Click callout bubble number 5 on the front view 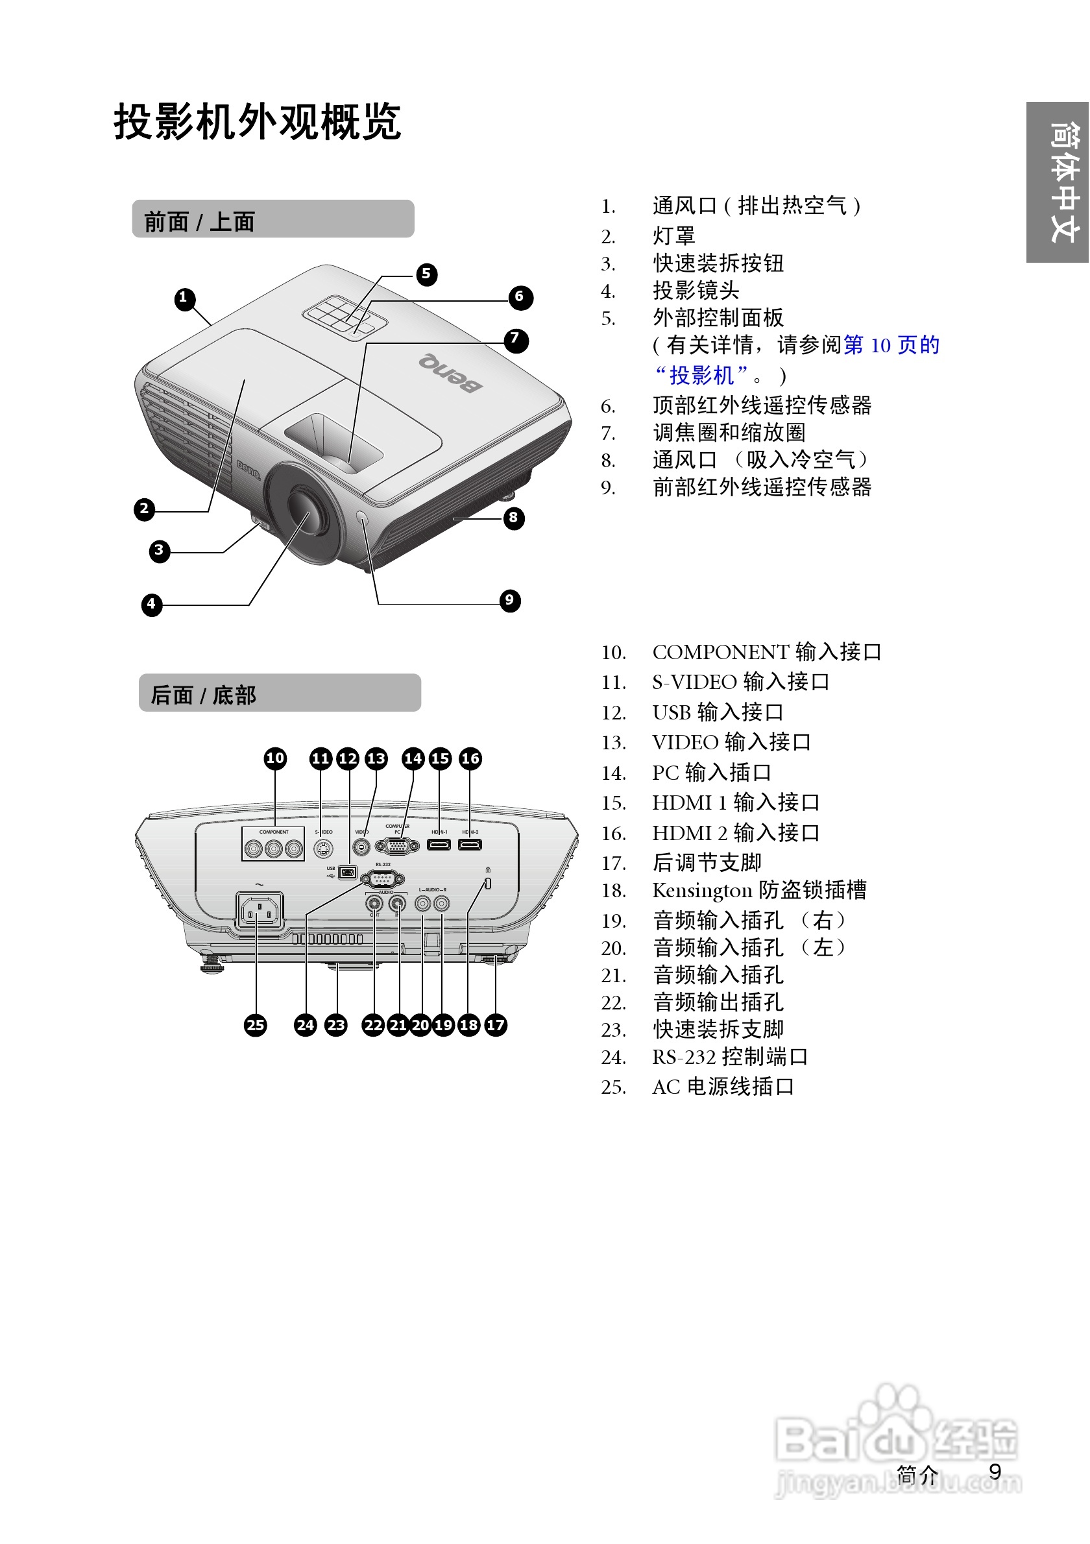click(x=426, y=274)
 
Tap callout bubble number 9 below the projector click(x=510, y=601)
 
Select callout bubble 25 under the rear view click(x=255, y=1026)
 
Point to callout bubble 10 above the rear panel click(x=275, y=758)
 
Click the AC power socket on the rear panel click(x=260, y=912)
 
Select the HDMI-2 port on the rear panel click(x=470, y=845)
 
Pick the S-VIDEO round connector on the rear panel click(x=324, y=849)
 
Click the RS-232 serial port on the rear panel click(x=383, y=879)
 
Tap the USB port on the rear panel click(x=347, y=873)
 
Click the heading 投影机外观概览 click(x=257, y=122)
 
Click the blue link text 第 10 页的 click(x=891, y=346)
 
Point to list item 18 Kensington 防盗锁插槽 click(x=758, y=890)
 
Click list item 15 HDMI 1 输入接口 click(x=735, y=803)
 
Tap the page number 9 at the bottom click(x=995, y=1472)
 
